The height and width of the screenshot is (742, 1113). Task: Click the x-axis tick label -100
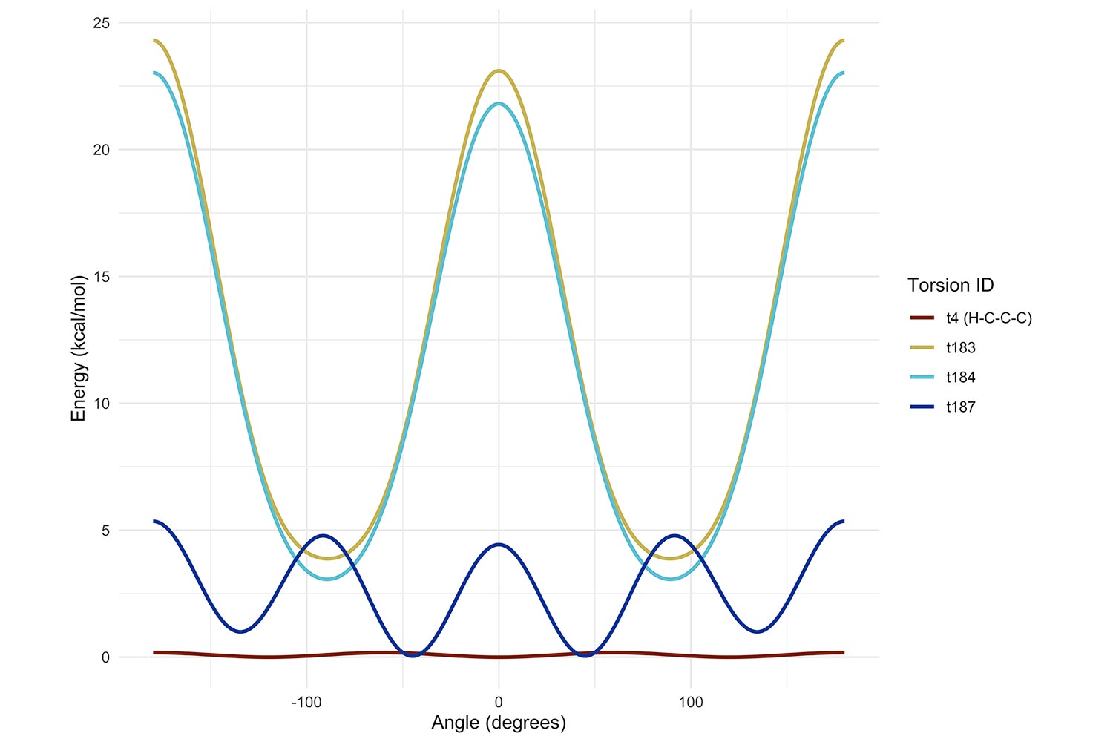(306, 702)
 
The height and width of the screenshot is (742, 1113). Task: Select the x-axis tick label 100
(691, 702)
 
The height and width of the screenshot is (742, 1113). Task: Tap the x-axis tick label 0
(499, 702)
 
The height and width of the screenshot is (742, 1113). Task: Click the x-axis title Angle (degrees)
(499, 723)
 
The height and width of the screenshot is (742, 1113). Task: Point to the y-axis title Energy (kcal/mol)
(79, 348)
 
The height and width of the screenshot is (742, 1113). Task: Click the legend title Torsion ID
(951, 286)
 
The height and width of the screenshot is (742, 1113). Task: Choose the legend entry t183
(960, 348)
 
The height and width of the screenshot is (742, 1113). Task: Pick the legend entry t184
(960, 378)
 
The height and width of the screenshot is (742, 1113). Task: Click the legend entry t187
(960, 407)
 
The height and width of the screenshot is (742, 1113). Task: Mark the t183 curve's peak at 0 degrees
(499, 71)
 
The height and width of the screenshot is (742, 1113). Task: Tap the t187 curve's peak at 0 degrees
(499, 545)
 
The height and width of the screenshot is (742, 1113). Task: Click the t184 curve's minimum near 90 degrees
(672, 579)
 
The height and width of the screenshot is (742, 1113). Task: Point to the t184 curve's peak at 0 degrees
(499, 104)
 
